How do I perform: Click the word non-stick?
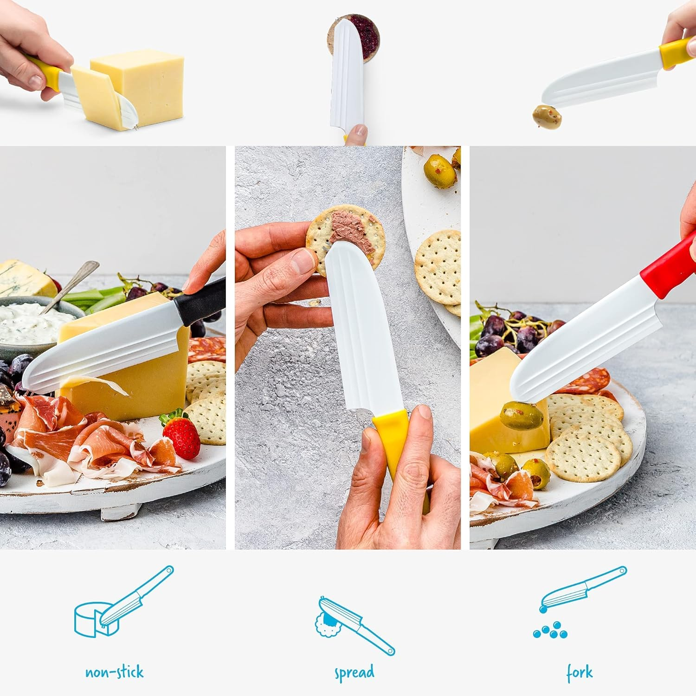pos(114,672)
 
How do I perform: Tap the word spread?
pos(354,673)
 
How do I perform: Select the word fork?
pos(579,672)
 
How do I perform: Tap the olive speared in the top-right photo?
pos(547,116)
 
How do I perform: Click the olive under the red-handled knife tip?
pos(522,415)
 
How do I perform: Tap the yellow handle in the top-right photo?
pos(677,51)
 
